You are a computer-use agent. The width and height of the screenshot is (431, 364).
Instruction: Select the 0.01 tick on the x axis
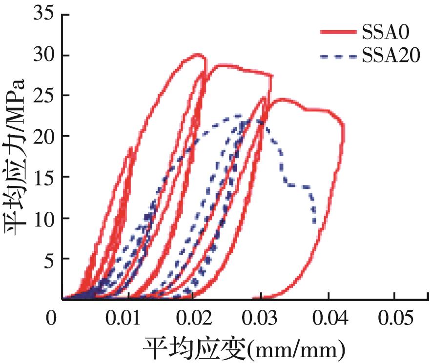point(128,320)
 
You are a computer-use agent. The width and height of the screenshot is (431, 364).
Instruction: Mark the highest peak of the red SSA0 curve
point(198,54)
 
